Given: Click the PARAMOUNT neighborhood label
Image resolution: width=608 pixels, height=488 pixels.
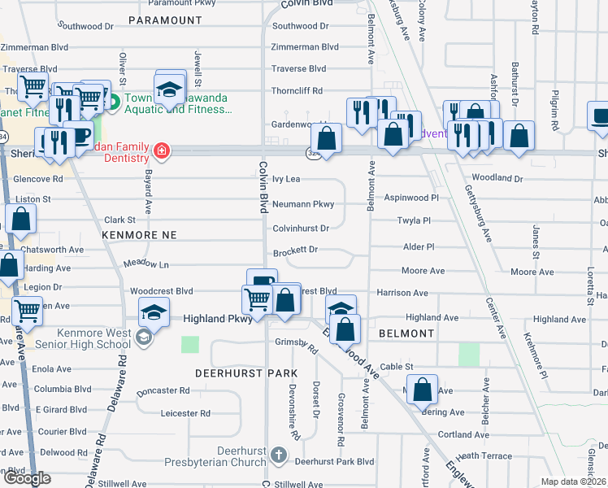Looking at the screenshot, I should (x=165, y=20).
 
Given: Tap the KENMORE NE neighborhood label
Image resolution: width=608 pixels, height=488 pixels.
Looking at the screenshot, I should (x=139, y=234).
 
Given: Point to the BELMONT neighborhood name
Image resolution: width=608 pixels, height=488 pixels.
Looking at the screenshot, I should (x=406, y=333).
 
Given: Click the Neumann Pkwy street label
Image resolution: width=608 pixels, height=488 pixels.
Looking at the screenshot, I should (x=303, y=204).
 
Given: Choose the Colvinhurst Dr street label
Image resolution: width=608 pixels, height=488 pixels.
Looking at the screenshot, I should (x=301, y=229).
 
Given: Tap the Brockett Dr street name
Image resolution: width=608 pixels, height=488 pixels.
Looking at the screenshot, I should (x=295, y=251).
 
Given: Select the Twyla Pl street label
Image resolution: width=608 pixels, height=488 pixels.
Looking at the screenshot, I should (x=413, y=220).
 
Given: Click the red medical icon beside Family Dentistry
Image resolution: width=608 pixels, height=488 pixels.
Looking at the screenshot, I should (x=162, y=150).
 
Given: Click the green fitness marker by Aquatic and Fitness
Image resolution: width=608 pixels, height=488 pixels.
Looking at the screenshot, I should (x=115, y=102).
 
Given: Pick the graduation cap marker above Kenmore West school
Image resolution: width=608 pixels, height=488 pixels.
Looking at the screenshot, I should (x=154, y=312).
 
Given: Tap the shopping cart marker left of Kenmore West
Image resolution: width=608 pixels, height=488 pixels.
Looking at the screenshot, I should (x=28, y=310).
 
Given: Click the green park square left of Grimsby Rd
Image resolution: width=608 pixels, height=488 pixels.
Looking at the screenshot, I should (x=189, y=344).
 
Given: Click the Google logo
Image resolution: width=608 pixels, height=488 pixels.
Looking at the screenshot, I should (x=28, y=479).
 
